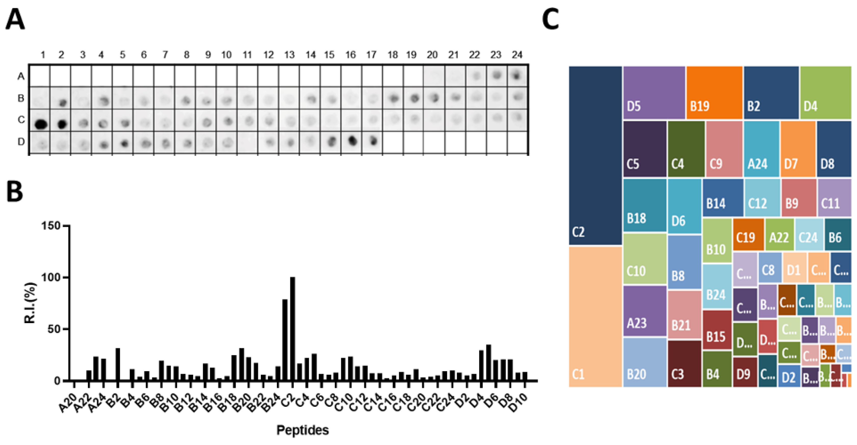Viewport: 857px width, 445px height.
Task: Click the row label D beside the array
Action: (21, 142)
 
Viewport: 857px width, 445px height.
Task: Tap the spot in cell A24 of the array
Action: (517, 76)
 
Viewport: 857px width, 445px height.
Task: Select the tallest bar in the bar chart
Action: (292, 328)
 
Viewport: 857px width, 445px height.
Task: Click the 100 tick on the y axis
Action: (51, 277)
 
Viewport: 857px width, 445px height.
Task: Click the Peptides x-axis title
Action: (302, 430)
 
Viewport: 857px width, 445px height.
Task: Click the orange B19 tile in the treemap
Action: (714, 92)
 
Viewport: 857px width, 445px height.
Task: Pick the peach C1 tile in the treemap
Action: (595, 316)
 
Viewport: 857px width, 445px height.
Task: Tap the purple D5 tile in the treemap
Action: (654, 92)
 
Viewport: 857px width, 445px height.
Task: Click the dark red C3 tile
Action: (684, 363)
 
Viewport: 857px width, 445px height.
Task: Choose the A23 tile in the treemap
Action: (644, 311)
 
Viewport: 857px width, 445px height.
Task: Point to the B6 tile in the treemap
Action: (837, 234)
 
